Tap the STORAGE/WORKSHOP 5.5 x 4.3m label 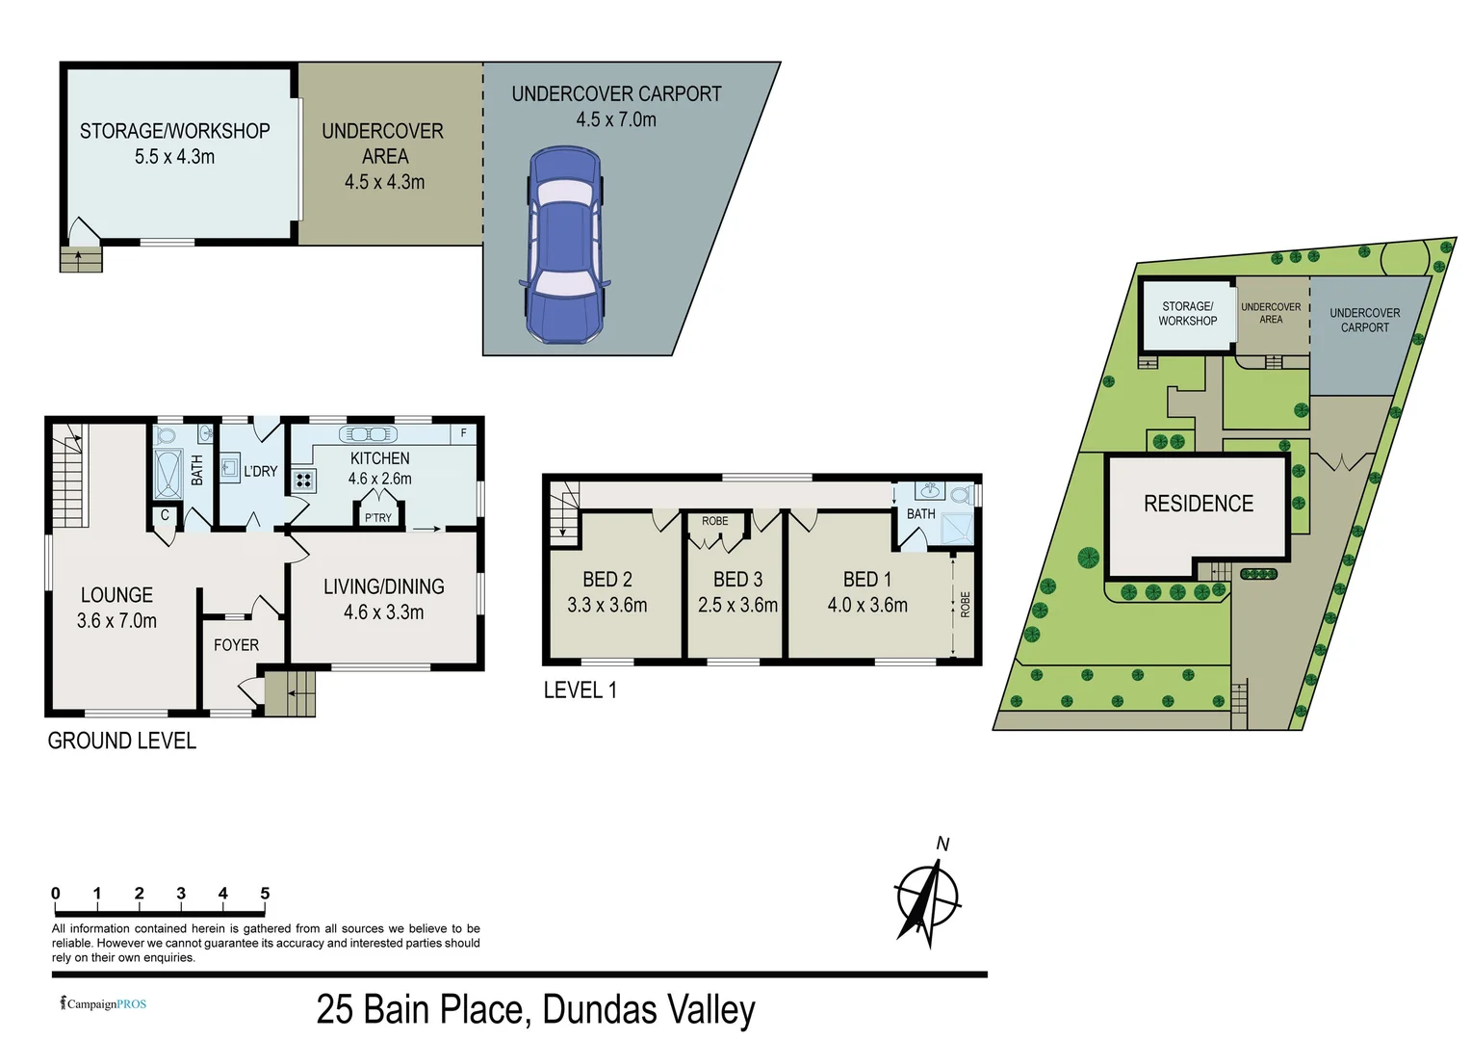[x=174, y=143]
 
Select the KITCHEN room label [x=379, y=458]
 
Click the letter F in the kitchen [x=463, y=433]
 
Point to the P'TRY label [x=378, y=518]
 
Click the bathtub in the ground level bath [x=168, y=474]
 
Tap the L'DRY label [x=260, y=472]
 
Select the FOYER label [x=236, y=645]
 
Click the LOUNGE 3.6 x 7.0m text [x=116, y=608]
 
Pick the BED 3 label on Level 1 [x=737, y=580]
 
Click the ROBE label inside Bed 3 [x=714, y=521]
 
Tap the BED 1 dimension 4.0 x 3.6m [x=867, y=605]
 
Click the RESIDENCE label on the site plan [x=1199, y=504]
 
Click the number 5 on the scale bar [x=265, y=894]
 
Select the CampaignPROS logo [x=104, y=1003]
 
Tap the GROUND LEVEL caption [x=122, y=741]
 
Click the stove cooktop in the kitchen [x=304, y=480]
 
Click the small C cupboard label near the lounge [x=165, y=515]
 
